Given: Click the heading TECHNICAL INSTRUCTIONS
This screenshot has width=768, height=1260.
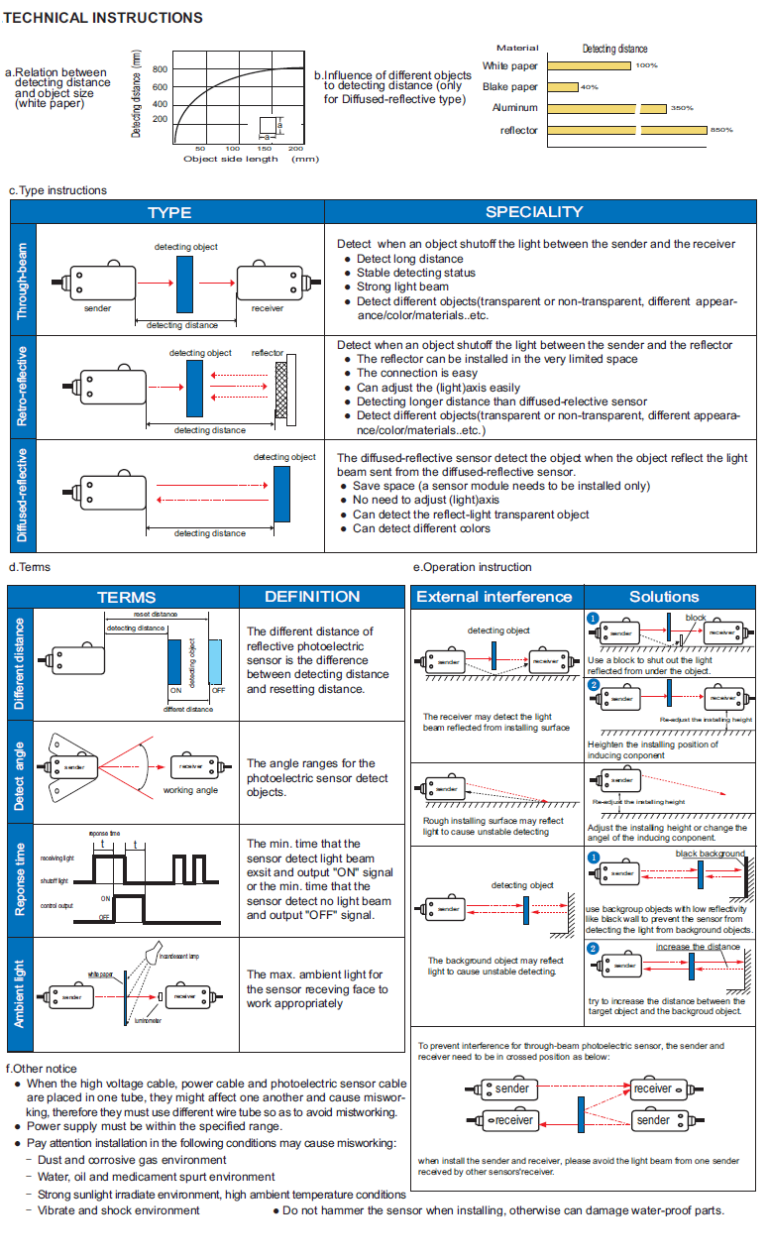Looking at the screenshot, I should coord(103,18).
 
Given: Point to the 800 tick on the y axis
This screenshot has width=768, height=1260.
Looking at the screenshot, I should coord(160,69).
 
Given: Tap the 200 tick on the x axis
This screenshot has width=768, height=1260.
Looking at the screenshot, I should coord(295,149).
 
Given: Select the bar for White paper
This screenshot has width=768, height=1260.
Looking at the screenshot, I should coord(589,66).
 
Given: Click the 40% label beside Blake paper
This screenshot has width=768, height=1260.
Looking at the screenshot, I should coord(590,87).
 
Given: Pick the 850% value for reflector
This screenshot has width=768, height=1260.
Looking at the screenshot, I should coord(721,130).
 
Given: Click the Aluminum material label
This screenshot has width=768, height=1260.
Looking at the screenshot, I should coord(516,108).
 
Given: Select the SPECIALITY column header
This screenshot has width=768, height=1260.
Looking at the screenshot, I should coord(534,212).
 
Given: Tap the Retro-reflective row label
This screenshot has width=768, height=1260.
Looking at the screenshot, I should coord(23,386).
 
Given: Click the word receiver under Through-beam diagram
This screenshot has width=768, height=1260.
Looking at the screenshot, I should coord(267,308).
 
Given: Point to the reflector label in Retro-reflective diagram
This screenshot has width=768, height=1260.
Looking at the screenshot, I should coord(267,353).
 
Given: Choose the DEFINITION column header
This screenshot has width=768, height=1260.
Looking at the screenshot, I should coord(312,597).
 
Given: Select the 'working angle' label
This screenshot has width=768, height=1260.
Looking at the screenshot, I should coord(190,790).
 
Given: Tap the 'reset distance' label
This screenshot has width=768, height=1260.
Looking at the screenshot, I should coord(156,615).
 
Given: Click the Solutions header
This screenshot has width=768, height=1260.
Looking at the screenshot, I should coord(664,597).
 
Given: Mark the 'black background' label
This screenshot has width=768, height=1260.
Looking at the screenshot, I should coord(710,854).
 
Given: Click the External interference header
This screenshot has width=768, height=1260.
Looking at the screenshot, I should coord(494,597).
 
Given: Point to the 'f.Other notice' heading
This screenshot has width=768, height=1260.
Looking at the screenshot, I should coord(41,1069).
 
